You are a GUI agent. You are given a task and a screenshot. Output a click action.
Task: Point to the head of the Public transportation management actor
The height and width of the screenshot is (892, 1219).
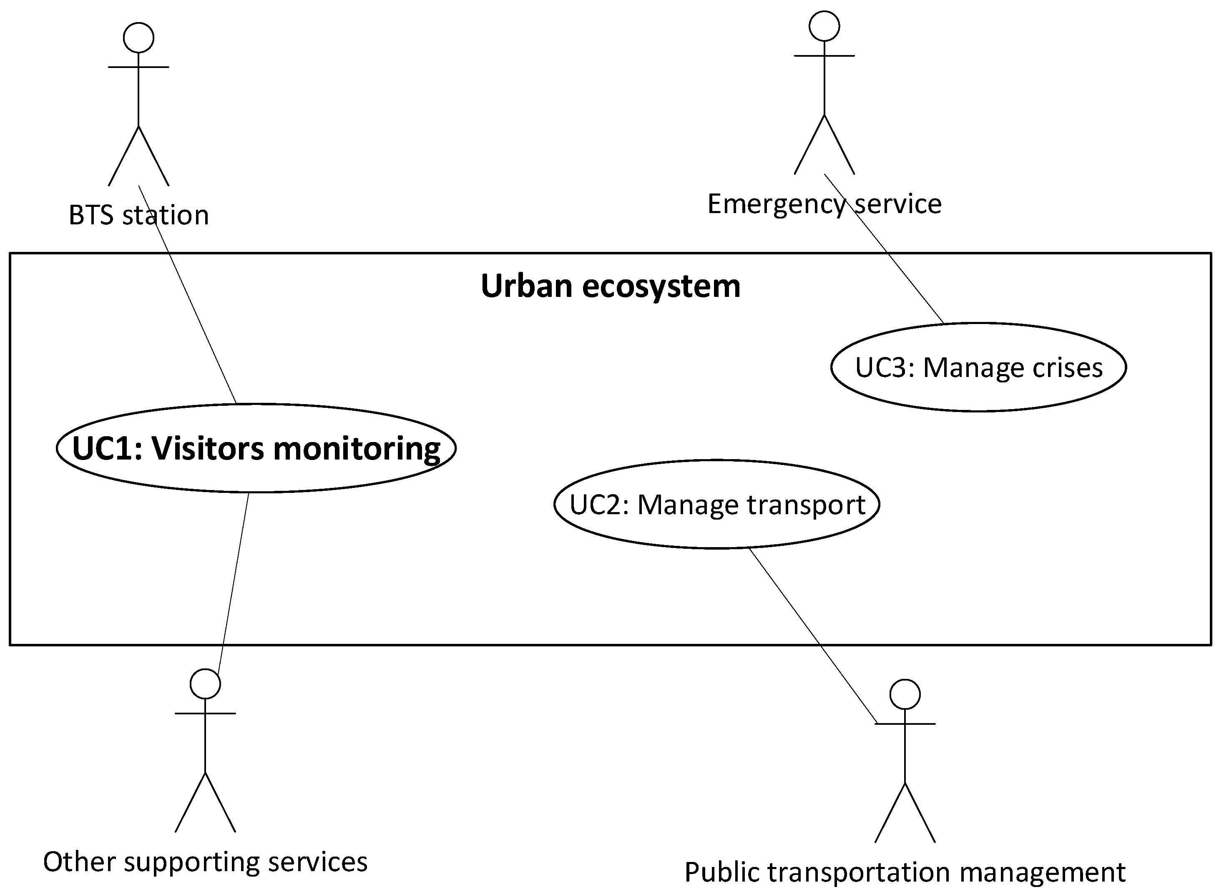click(x=905, y=694)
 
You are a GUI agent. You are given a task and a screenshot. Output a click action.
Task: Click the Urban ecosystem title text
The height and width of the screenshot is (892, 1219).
click(x=610, y=286)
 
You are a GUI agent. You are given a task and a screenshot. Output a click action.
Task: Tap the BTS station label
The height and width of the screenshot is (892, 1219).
click(x=139, y=215)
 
